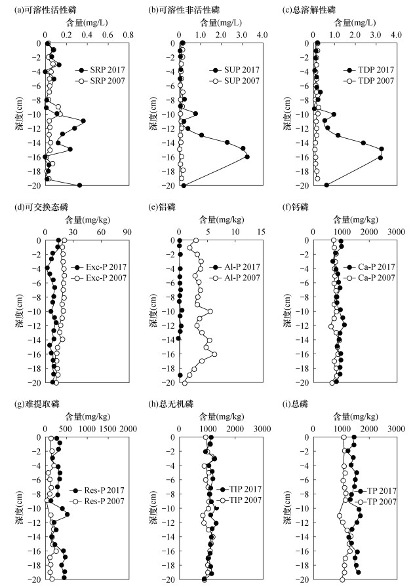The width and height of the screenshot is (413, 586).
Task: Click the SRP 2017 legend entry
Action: (x=98, y=70)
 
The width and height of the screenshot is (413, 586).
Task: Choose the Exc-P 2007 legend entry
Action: (x=99, y=278)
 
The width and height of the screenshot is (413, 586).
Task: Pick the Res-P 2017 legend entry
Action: (x=98, y=490)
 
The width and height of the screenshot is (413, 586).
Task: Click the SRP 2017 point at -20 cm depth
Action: (x=80, y=185)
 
